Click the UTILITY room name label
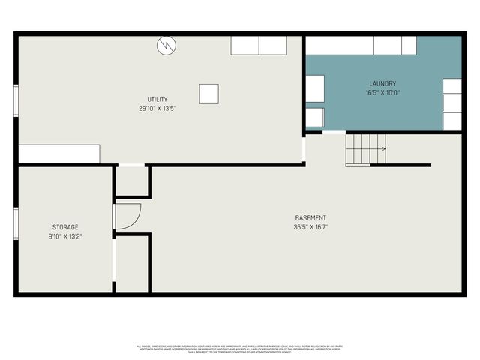coord(157,99)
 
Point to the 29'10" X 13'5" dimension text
coord(157,108)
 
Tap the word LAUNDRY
coord(382,83)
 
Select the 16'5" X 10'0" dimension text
coord(382,92)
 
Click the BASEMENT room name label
coord(310,218)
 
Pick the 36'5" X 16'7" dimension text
coord(310,227)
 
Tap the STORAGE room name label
coord(65,227)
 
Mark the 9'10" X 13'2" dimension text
coord(65,236)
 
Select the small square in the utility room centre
coord(209,93)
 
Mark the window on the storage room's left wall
coord(16,223)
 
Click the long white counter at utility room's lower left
coord(59,154)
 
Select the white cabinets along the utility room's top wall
coord(259,45)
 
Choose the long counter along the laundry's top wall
coord(361,45)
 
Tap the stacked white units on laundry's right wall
coord(452,104)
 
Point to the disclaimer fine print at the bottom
coord(240,348)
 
